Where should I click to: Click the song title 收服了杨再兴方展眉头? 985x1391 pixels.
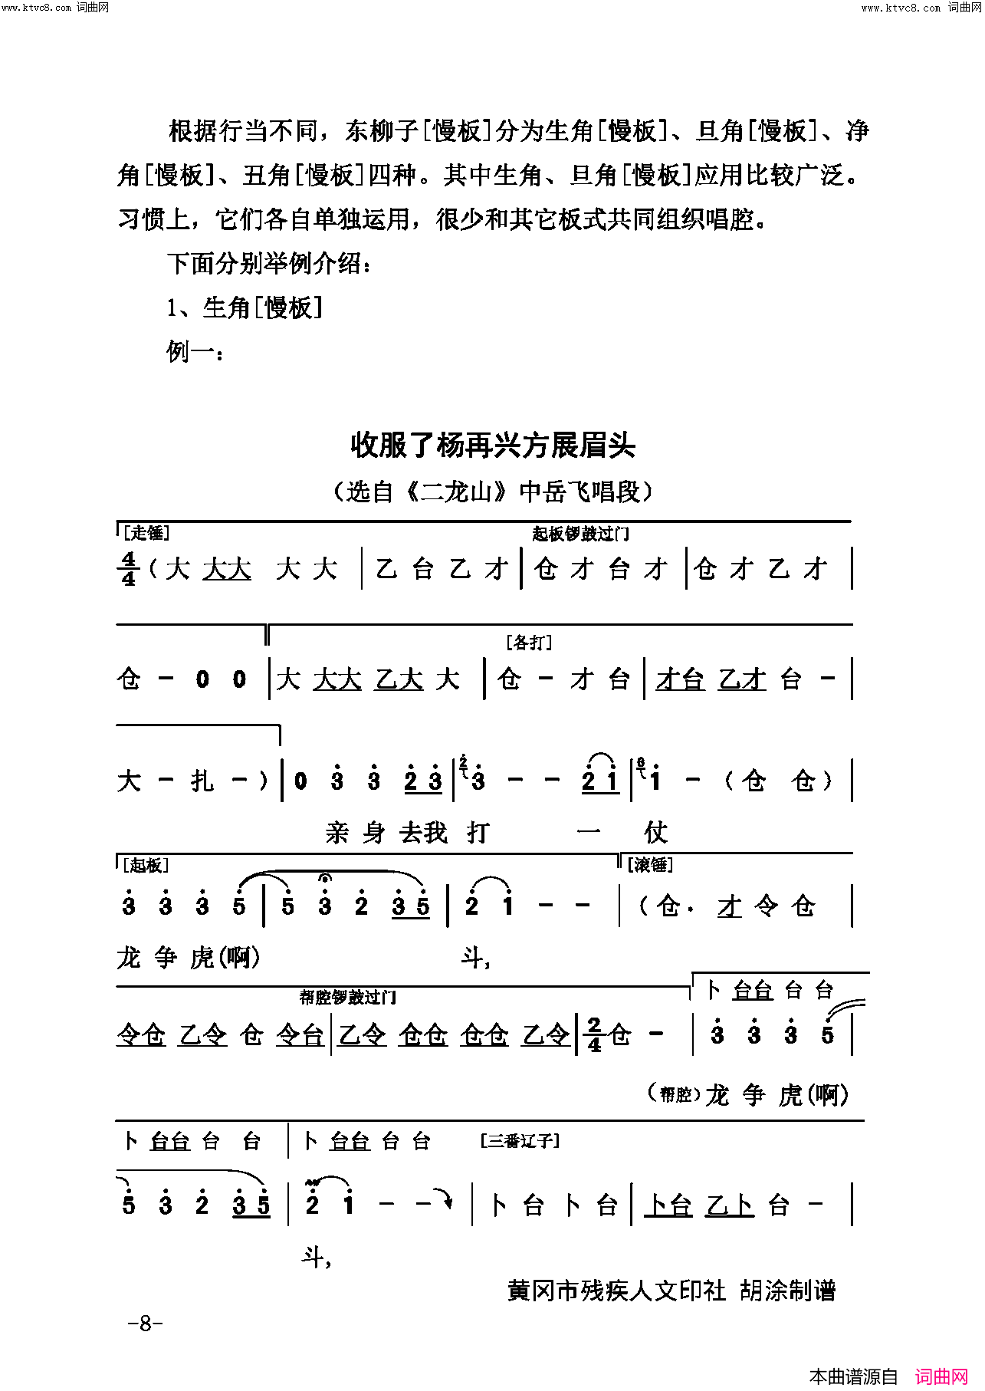492,445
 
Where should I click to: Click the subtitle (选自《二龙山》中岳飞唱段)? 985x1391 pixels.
492,491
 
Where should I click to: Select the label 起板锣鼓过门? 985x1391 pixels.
581,534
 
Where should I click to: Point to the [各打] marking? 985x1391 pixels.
529,643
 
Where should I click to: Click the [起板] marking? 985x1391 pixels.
146,865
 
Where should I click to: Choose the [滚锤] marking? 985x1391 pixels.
650,865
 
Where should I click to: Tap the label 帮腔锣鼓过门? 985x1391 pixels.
348,997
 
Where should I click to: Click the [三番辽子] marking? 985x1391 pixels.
520,1141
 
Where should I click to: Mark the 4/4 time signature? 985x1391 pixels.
129,569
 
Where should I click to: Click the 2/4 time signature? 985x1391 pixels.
594,1035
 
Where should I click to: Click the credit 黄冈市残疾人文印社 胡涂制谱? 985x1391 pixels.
671,1291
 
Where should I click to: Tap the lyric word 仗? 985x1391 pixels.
656,832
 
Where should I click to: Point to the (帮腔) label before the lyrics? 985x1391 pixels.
675,1094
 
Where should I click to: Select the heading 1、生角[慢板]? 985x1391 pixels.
245,308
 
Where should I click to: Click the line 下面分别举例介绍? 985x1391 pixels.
270,264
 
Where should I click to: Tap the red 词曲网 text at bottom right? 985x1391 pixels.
942,1376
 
